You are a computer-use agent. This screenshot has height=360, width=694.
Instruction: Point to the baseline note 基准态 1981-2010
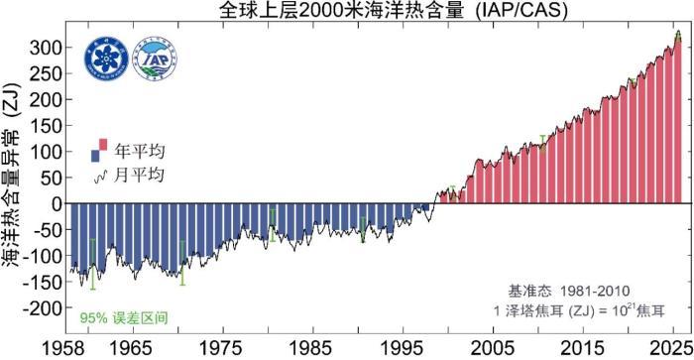pos(568,291)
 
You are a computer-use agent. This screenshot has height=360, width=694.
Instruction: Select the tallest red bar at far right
pos(677,119)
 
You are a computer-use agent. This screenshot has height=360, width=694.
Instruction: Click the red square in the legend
pos(102,146)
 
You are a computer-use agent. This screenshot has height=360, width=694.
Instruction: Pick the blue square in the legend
pos(94,155)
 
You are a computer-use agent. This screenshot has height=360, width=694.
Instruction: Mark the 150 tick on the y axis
pos(45,126)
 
